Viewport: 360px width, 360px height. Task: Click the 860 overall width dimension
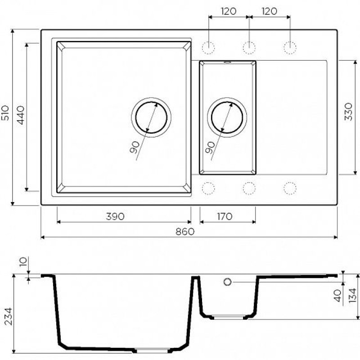[185, 231]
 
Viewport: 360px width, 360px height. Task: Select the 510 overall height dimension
[5, 113]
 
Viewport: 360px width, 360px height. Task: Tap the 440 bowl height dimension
[21, 115]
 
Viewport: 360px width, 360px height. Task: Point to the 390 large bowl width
[115, 216]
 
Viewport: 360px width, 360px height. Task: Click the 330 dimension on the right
[348, 112]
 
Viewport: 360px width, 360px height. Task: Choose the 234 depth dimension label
[9, 316]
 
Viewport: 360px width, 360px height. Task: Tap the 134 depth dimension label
[352, 296]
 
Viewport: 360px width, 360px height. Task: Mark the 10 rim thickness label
[23, 262]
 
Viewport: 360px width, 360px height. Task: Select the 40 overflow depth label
[337, 296]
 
